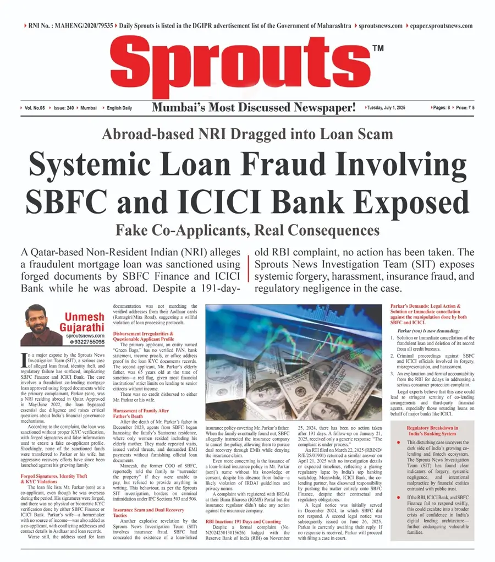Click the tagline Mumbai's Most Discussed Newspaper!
coord(254,107)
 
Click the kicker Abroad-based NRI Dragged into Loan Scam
coord(248,134)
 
